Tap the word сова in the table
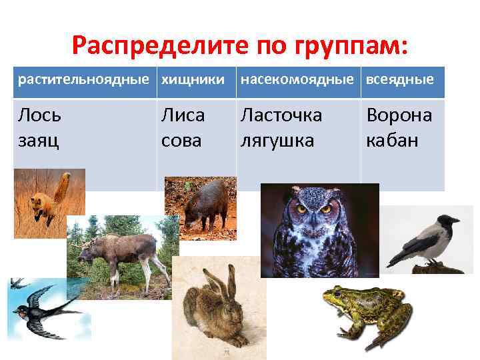(x=181, y=142)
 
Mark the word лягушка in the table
(x=279, y=142)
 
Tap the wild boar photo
(x=200, y=207)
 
